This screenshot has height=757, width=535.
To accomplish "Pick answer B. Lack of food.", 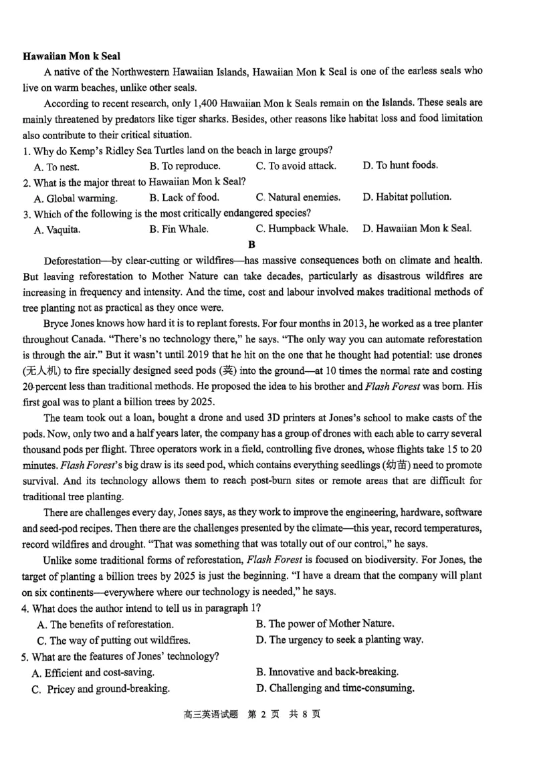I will pos(184,197).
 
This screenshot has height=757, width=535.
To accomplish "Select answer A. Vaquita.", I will pos(57,229).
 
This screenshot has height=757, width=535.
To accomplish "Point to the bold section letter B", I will pos(252,245).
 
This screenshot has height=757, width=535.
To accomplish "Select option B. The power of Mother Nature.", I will pos(325,624).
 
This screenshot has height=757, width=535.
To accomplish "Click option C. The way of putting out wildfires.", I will pos(114,640).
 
